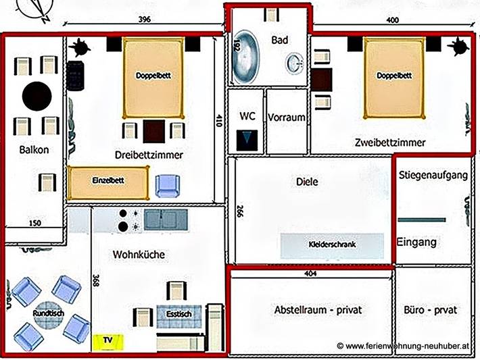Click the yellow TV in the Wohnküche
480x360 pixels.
(105, 341)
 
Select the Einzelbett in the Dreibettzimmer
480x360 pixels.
(109, 182)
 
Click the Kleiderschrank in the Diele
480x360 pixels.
(332, 245)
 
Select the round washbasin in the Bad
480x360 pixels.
(295, 64)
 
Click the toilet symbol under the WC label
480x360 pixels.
(247, 140)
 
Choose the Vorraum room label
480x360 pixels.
(287, 118)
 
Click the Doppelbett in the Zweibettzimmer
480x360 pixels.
(394, 76)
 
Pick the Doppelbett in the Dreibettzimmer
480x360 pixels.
(153, 76)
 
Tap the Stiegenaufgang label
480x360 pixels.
(433, 176)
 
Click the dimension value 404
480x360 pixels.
(310, 275)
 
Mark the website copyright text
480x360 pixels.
(404, 345)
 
